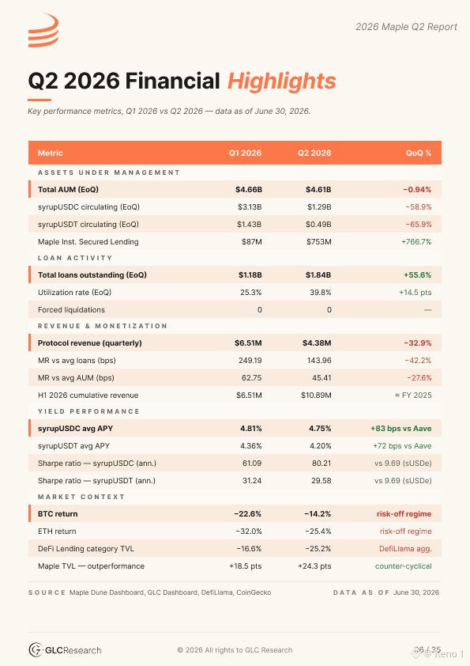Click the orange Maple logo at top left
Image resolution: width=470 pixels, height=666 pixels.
[x=43, y=30]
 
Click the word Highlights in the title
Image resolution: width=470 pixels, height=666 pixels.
[x=282, y=81]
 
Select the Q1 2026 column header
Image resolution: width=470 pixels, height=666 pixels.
[x=245, y=153]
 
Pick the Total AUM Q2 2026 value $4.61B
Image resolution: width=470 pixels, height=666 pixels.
[x=318, y=189]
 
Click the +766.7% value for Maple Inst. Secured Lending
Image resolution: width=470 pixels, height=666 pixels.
[x=416, y=242]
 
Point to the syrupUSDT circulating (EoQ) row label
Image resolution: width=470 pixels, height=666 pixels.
[x=88, y=225]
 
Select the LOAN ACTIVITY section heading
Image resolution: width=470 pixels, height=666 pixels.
[x=75, y=258]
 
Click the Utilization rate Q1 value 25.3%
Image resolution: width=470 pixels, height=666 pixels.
[x=250, y=292]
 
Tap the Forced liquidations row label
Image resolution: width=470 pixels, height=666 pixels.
[x=71, y=309]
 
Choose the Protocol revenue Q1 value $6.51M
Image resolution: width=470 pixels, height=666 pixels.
[x=248, y=342]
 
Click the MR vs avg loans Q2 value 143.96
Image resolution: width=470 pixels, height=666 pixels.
[x=319, y=360]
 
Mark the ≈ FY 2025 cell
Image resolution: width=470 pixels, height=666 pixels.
[x=413, y=395]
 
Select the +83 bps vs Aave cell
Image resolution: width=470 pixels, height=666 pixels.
[x=400, y=428]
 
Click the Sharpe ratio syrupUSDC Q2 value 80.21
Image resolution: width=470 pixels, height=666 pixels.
[x=321, y=463]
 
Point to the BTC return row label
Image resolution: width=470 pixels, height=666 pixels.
[x=58, y=513]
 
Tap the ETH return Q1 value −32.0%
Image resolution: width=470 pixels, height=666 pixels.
[x=249, y=531]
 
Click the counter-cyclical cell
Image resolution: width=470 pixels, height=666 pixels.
[x=404, y=566]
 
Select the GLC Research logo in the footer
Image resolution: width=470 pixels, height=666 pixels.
[x=65, y=650]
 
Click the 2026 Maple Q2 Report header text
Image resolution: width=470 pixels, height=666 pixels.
[x=406, y=27]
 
